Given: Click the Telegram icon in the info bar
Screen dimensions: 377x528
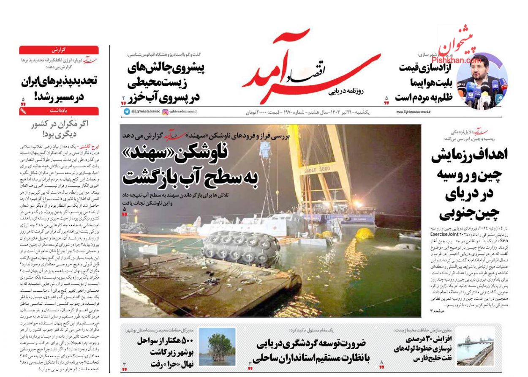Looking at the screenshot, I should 127,112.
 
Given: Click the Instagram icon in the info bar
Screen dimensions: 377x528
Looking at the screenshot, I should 165,112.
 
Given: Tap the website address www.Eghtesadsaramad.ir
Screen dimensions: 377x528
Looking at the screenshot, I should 413,112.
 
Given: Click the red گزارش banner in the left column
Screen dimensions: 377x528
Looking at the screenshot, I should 59,50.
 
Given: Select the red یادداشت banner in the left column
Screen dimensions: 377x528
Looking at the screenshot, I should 59,111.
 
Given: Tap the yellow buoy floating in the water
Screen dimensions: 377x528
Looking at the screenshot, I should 365,233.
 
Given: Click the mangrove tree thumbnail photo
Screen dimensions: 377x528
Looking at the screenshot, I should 217,347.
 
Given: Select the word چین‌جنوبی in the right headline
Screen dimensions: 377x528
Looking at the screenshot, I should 469,213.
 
